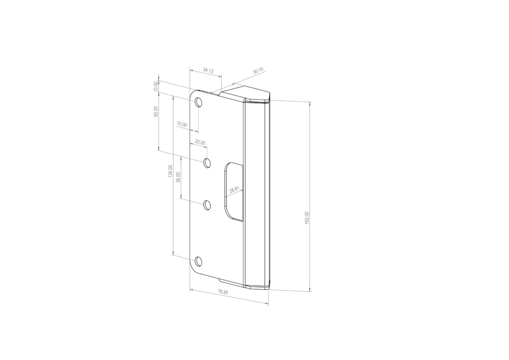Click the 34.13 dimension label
coord(208,71)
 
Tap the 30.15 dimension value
coord(258,72)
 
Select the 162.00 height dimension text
coord(307,218)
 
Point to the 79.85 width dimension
coord(223,292)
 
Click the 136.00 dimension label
coord(170,172)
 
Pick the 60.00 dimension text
coord(156,111)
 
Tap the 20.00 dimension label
coord(199,143)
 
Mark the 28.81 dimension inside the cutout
coord(234,190)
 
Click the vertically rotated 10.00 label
coord(156,86)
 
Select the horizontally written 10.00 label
coord(181,125)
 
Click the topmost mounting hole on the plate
coord(199,103)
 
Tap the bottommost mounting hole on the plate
coord(199,261)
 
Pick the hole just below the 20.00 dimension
coord(207,163)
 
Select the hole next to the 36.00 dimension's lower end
coord(207,204)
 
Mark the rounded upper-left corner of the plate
coord(193,93)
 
